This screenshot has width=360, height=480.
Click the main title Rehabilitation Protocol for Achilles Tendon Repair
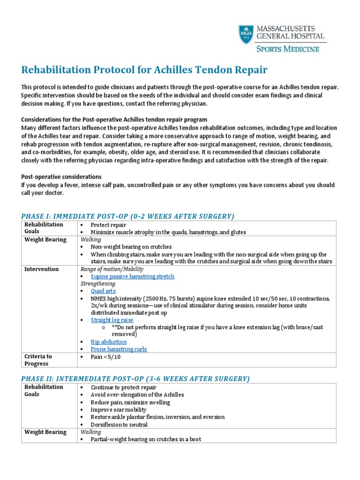click(144, 70)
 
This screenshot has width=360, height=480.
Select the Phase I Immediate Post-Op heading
click(127, 216)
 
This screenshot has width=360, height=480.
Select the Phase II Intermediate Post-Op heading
click(135, 378)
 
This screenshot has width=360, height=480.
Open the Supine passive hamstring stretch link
click(132, 277)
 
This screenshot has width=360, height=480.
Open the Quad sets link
click(103, 291)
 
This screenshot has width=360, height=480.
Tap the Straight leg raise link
click(112, 320)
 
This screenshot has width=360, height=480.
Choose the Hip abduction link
click(108, 342)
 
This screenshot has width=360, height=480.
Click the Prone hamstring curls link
click(119, 349)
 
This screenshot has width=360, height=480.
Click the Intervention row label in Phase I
click(41, 269)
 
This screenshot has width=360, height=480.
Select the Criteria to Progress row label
click(38, 360)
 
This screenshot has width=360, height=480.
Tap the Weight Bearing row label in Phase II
click(45, 432)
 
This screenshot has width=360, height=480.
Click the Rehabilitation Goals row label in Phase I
click(44, 228)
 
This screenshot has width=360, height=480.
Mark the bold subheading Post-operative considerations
click(61, 177)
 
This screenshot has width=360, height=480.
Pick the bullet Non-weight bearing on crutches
click(131, 247)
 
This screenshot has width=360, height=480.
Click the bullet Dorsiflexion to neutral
click(119, 425)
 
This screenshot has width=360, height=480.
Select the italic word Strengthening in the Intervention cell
click(97, 284)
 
